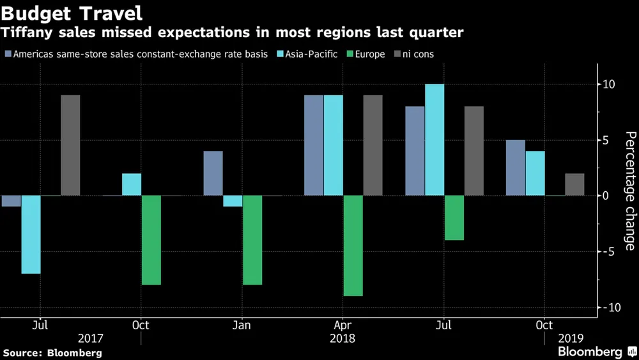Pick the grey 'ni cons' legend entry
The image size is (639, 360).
(415, 54)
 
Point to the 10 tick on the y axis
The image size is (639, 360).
(608, 84)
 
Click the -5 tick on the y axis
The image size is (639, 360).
(608, 251)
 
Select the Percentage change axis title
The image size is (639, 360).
(630, 191)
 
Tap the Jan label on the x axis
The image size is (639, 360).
(242, 325)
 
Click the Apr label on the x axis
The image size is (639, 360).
(343, 325)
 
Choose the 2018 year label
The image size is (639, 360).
(343, 338)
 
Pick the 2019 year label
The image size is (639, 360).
(570, 338)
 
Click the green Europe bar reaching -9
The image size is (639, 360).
(353, 246)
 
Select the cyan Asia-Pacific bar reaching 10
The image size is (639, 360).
(434, 139)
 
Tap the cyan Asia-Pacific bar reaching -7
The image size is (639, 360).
(31, 234)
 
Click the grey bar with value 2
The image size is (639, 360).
(574, 184)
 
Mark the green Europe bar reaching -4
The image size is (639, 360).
(454, 217)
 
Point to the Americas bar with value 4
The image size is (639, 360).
(213, 173)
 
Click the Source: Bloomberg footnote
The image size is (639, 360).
(52, 352)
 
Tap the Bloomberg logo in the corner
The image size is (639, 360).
(594, 352)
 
